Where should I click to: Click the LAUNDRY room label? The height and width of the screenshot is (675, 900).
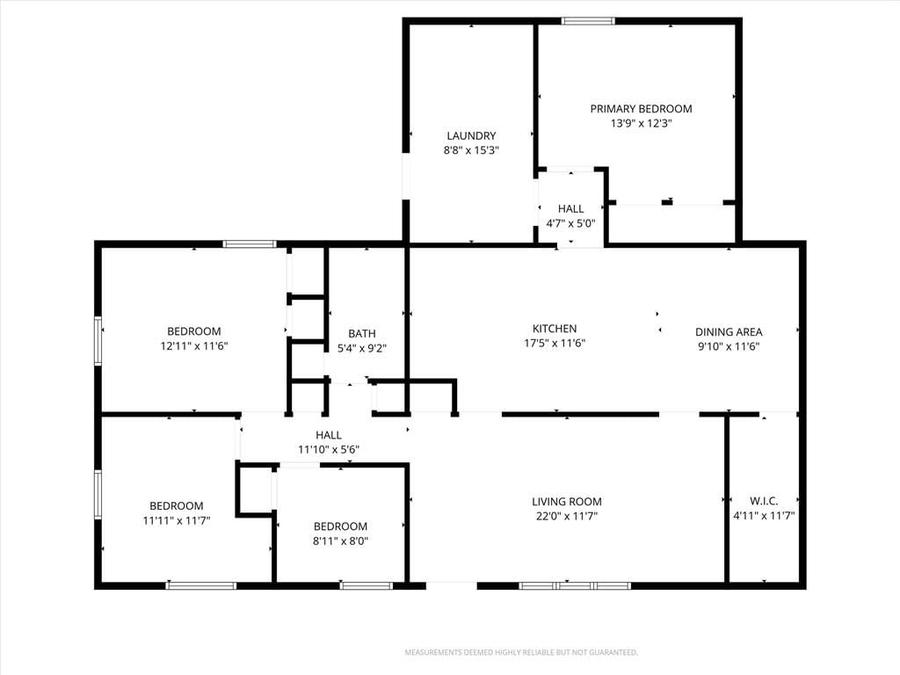point(471,136)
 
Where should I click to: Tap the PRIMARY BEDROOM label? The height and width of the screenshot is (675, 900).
point(641,108)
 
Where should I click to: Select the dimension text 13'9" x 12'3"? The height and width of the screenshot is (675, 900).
point(641,123)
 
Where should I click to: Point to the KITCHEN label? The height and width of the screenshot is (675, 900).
point(555,329)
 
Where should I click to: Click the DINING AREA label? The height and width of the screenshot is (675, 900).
point(729,331)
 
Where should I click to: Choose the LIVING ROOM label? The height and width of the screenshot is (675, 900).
point(567,502)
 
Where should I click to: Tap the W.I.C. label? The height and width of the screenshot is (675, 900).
point(764,501)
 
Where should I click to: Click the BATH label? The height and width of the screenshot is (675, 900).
point(362,333)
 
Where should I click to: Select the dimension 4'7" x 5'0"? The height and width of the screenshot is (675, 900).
point(570,224)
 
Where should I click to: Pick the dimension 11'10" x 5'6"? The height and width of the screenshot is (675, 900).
point(329,449)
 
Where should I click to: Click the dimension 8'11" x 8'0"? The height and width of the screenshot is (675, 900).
point(340,541)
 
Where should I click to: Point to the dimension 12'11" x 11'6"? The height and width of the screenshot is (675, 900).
point(194,346)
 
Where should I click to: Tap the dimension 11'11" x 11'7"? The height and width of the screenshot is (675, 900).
point(177,520)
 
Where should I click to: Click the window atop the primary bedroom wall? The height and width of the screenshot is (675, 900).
point(588,21)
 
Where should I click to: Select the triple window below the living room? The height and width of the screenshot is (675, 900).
point(575,585)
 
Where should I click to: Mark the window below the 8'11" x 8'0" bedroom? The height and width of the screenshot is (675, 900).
point(367,585)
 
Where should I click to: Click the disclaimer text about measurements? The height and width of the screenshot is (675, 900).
point(521,653)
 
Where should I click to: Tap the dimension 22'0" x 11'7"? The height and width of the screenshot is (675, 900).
point(567,516)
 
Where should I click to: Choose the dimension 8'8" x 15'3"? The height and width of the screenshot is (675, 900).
point(471,150)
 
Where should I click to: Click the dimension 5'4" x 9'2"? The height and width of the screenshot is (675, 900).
point(362,348)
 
